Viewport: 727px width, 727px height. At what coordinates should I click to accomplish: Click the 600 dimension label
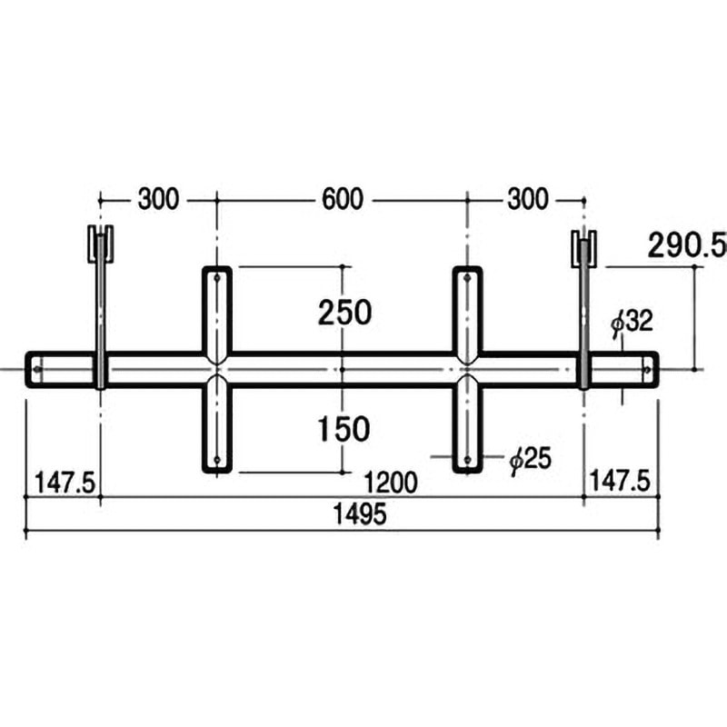pyautogui.click(x=343, y=199)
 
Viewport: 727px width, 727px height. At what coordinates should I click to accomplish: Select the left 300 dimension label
pyautogui.click(x=158, y=199)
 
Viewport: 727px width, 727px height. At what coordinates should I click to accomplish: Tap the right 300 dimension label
pyautogui.click(x=528, y=199)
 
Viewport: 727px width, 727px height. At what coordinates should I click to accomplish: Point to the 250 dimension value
pyautogui.click(x=344, y=312)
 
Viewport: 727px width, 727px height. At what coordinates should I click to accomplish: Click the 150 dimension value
pyautogui.click(x=344, y=429)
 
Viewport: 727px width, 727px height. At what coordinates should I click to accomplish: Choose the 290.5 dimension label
pyautogui.click(x=687, y=245)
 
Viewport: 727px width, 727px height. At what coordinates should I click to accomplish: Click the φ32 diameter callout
pyautogui.click(x=632, y=322)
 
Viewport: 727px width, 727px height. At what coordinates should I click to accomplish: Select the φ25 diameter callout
pyautogui.click(x=531, y=460)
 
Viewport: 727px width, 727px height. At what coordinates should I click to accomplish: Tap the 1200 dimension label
pyautogui.click(x=391, y=483)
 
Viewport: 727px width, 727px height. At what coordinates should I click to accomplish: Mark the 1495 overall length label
pyautogui.click(x=360, y=513)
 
